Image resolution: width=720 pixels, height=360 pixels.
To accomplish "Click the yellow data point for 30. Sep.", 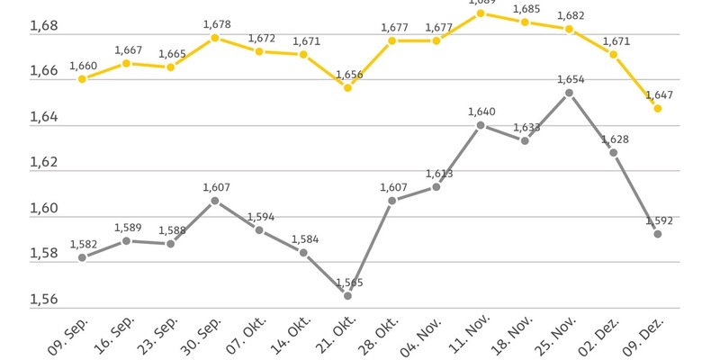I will click(x=215, y=38).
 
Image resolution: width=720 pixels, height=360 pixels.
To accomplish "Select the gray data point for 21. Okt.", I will click(x=347, y=295).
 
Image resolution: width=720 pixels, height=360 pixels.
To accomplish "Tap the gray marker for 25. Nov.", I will click(x=569, y=93).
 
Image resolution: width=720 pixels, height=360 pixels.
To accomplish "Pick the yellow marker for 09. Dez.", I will click(x=658, y=109).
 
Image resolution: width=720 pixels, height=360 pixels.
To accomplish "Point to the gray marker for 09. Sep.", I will click(x=82, y=257).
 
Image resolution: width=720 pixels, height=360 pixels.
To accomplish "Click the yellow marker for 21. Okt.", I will click(x=347, y=88).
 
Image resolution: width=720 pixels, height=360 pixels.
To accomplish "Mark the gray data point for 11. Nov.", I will click(x=481, y=125).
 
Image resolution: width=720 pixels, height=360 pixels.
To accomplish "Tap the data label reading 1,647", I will click(x=659, y=94).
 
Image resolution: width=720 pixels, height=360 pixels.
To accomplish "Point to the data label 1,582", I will click(x=83, y=242).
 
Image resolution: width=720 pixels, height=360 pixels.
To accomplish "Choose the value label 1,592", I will click(x=659, y=219).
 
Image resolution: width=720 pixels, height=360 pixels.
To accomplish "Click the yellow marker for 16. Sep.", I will click(x=127, y=64).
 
